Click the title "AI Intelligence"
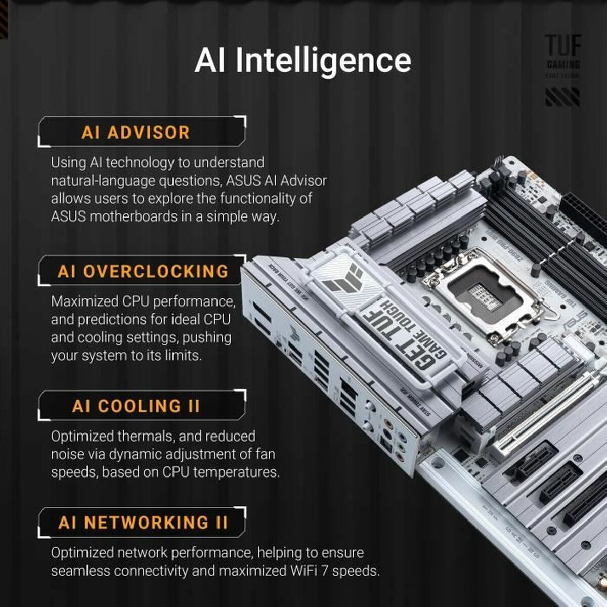point(302,61)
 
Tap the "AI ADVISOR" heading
point(136,133)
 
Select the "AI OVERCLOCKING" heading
point(143,271)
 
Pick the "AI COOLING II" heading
point(136,406)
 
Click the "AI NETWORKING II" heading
point(143,522)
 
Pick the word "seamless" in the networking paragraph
point(80,571)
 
